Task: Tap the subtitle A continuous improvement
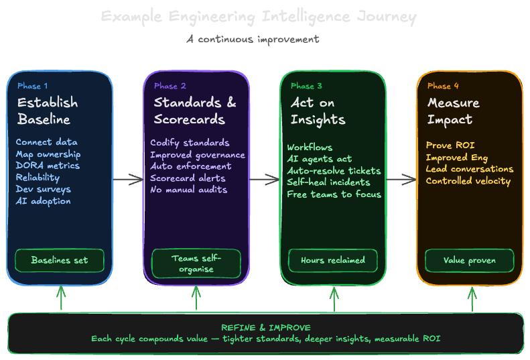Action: tap(253, 39)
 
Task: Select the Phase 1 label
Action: tap(32, 86)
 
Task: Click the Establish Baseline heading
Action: tap(47, 111)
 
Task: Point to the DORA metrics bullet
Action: tap(48, 166)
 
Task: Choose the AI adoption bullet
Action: tap(43, 200)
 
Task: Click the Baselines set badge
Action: tap(60, 260)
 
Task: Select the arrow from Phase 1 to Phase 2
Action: tap(128, 179)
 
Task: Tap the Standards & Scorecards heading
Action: tap(194, 111)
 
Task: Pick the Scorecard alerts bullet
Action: tap(188, 178)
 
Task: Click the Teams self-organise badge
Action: tap(196, 263)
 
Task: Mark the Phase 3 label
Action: tap(306, 86)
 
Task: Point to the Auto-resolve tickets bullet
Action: tap(334, 171)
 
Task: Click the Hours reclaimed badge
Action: tap(333, 260)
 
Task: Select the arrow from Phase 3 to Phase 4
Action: tap(401, 179)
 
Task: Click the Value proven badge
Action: tap(470, 260)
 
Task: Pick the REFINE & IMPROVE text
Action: tap(265, 327)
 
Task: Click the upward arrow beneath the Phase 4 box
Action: tap(472, 299)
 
